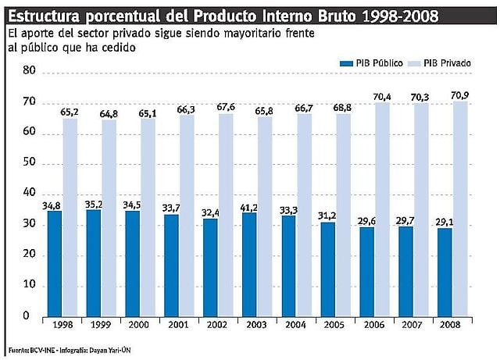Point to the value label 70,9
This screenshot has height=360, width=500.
point(460,96)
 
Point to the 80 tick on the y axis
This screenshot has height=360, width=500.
point(28,71)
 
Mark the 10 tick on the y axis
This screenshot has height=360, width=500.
point(28,285)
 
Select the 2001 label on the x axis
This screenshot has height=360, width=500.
point(175,323)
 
